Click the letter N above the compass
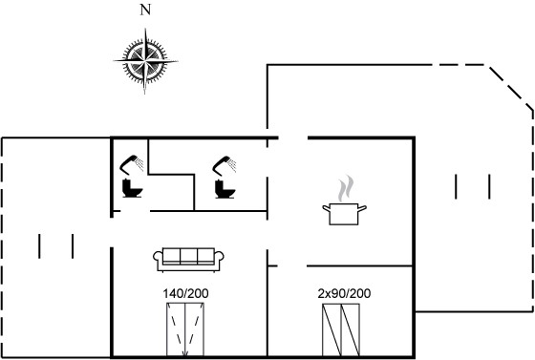145,11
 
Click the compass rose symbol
145,61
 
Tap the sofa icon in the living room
188,260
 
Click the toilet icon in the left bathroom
132,188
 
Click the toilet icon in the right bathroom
225,189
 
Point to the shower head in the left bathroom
132,164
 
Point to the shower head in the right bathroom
225,165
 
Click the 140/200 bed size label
185,293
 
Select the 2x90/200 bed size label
344,293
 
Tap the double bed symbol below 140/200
185,330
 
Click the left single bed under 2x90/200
332,330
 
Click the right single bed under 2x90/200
351,330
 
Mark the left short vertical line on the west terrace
39,245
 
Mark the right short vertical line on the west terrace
73,245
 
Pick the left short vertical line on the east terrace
456,186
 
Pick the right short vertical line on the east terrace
489,186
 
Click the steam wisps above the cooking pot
345,188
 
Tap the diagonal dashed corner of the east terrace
511,88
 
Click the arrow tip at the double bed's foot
184,356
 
